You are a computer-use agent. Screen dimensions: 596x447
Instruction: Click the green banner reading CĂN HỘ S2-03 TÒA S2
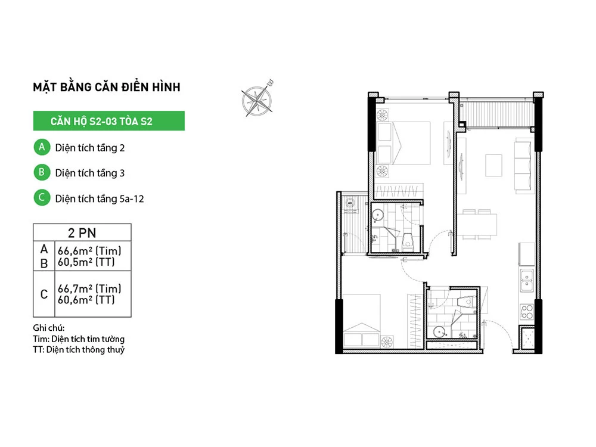click(108, 121)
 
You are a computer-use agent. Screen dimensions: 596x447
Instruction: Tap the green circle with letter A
click(42, 147)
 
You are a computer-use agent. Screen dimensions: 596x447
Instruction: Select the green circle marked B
click(42, 172)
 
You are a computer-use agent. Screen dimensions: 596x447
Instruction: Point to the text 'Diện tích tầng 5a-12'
click(100, 198)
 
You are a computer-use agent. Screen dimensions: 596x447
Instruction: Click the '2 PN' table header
click(82, 232)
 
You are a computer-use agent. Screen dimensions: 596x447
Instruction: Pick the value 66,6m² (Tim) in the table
click(89, 251)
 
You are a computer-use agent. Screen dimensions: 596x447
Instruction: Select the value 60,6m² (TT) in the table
click(86, 300)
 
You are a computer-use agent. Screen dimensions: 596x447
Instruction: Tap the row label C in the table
click(44, 294)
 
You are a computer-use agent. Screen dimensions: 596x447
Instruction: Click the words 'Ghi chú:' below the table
click(49, 328)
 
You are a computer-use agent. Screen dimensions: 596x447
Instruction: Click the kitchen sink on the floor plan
click(527, 280)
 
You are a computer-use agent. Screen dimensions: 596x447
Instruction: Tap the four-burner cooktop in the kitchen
click(527, 311)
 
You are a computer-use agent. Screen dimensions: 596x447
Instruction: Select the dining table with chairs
click(477, 225)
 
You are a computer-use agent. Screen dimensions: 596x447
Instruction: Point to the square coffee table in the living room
click(493, 165)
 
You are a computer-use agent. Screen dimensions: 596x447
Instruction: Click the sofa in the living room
click(523, 166)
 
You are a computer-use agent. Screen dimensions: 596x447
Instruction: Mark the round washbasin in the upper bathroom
click(378, 216)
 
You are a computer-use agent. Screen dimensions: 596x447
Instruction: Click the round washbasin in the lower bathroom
click(440, 332)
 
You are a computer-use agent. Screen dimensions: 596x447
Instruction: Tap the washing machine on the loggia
click(350, 204)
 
